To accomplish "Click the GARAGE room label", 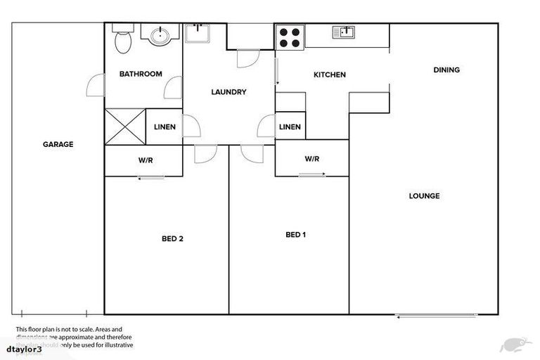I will [x=58, y=144].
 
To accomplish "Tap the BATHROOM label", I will [x=141, y=74].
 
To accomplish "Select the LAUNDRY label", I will [x=229, y=92].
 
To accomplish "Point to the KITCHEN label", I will [x=329, y=75].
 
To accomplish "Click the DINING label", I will [x=446, y=70].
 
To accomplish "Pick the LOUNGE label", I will [x=424, y=195].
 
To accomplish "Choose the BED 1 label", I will [x=295, y=235].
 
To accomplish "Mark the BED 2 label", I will [x=172, y=239].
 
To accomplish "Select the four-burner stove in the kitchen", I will [x=289, y=37].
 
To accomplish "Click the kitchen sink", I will [x=345, y=31].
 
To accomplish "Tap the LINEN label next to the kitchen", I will [x=290, y=127].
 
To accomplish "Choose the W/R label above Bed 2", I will [x=146, y=160].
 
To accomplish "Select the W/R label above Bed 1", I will [x=312, y=159].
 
